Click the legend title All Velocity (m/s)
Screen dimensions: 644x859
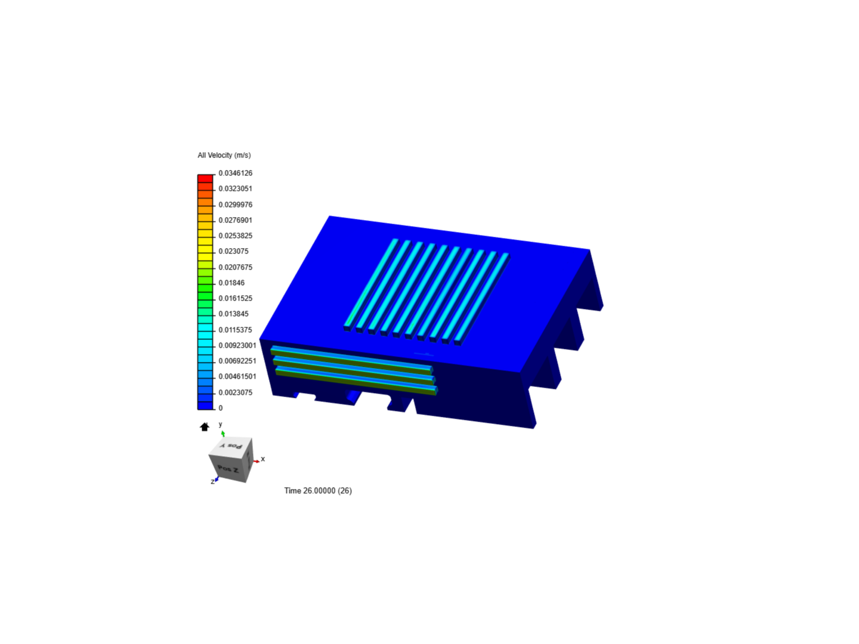click(224, 155)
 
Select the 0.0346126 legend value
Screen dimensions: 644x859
click(235, 173)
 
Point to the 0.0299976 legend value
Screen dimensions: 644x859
click(235, 205)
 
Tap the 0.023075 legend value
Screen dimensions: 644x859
click(233, 251)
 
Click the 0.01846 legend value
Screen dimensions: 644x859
click(231, 283)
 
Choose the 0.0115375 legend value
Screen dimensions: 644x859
click(235, 330)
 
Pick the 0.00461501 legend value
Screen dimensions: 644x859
click(237, 376)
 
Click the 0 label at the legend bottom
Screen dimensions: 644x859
click(221, 408)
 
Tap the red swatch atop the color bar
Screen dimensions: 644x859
click(205, 178)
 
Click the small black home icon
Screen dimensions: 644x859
click(205, 427)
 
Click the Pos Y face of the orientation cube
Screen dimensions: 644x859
click(232, 445)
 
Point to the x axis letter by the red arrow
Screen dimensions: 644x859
click(262, 459)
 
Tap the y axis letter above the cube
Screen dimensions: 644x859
click(220, 425)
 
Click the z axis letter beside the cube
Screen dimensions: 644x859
click(212, 481)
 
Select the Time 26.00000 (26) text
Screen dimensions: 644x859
click(318, 491)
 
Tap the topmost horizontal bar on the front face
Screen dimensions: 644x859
click(351, 358)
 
